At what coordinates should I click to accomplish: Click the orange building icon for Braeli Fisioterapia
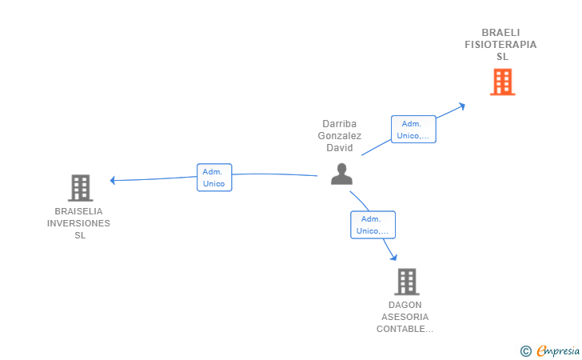(503, 82)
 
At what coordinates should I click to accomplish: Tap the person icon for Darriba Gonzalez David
(341, 174)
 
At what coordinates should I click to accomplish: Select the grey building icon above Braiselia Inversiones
(81, 188)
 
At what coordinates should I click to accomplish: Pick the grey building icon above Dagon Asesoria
(407, 282)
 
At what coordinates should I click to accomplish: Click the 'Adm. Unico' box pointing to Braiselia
(214, 178)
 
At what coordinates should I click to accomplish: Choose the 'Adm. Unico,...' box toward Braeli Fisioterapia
(413, 130)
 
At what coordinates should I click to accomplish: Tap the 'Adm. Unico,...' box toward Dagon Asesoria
(373, 225)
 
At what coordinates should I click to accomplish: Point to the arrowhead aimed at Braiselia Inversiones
(113, 180)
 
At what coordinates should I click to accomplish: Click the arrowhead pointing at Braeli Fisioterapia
(462, 106)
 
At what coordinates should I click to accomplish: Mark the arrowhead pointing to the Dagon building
(394, 257)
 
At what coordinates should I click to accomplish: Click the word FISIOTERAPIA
(500, 45)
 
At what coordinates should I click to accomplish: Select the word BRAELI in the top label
(500, 33)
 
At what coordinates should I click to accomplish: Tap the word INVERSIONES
(78, 223)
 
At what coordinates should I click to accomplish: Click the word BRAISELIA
(78, 211)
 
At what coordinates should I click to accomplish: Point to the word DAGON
(405, 305)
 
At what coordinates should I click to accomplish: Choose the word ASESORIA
(405, 317)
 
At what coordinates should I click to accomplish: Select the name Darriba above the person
(339, 124)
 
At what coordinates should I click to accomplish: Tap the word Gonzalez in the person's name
(340, 136)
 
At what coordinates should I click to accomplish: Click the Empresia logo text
(558, 350)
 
